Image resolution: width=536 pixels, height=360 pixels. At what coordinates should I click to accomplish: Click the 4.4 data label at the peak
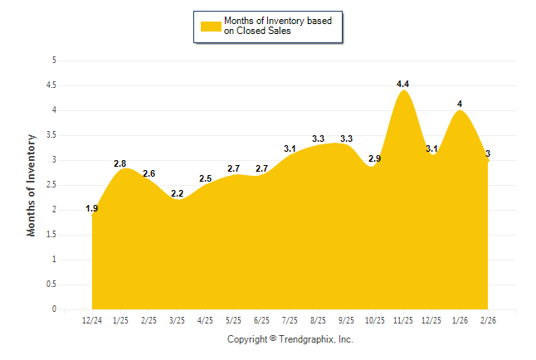pos(404,85)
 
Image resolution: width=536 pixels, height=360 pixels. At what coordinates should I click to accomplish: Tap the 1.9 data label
pos(92,208)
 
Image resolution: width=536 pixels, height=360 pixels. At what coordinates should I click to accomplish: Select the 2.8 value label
pos(120,163)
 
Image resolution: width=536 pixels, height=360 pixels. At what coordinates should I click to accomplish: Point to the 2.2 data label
pos(177,193)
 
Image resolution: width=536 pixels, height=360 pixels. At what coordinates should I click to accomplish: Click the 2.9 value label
pos(375,158)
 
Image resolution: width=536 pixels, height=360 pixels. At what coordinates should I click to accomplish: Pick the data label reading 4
pos(460,105)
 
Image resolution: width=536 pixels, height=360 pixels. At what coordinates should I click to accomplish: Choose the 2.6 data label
pos(149,173)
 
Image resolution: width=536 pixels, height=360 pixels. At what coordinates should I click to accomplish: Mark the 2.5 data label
pos(206,178)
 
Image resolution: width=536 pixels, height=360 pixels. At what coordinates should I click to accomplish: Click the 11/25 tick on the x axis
pos(403,320)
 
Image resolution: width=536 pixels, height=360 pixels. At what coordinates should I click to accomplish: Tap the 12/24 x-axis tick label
pos(92,320)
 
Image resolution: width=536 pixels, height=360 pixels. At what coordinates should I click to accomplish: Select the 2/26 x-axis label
pos(488,320)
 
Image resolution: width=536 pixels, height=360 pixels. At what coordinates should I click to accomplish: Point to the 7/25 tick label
pos(290,320)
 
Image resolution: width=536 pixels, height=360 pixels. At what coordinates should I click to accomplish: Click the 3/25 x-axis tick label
pos(177,320)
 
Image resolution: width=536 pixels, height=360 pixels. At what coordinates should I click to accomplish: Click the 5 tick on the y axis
pos(54,61)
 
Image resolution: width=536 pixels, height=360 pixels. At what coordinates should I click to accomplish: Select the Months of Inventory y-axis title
pos(32,185)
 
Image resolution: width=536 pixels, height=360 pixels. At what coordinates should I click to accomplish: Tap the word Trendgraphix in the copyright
pos(306,339)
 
